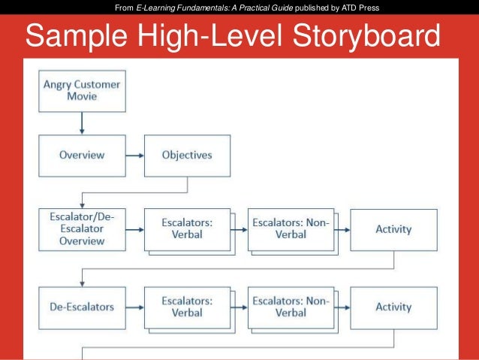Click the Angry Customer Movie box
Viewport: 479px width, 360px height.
[x=81, y=91]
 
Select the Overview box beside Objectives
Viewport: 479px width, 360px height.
[x=81, y=156]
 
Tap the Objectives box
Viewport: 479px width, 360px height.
[x=187, y=156]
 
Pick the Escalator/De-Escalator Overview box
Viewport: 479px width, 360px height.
[x=81, y=229]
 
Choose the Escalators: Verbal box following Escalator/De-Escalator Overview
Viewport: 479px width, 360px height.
[x=186, y=228]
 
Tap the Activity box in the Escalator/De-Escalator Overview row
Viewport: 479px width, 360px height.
[x=393, y=228]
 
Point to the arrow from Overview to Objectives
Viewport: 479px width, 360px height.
[x=134, y=156]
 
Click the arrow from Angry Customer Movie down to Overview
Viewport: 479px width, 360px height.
[x=81, y=123]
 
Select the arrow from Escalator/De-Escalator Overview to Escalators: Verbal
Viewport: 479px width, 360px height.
[x=134, y=228]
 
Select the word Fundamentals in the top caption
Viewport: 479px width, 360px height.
[x=202, y=8]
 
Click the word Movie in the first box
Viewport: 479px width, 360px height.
[x=81, y=98]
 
